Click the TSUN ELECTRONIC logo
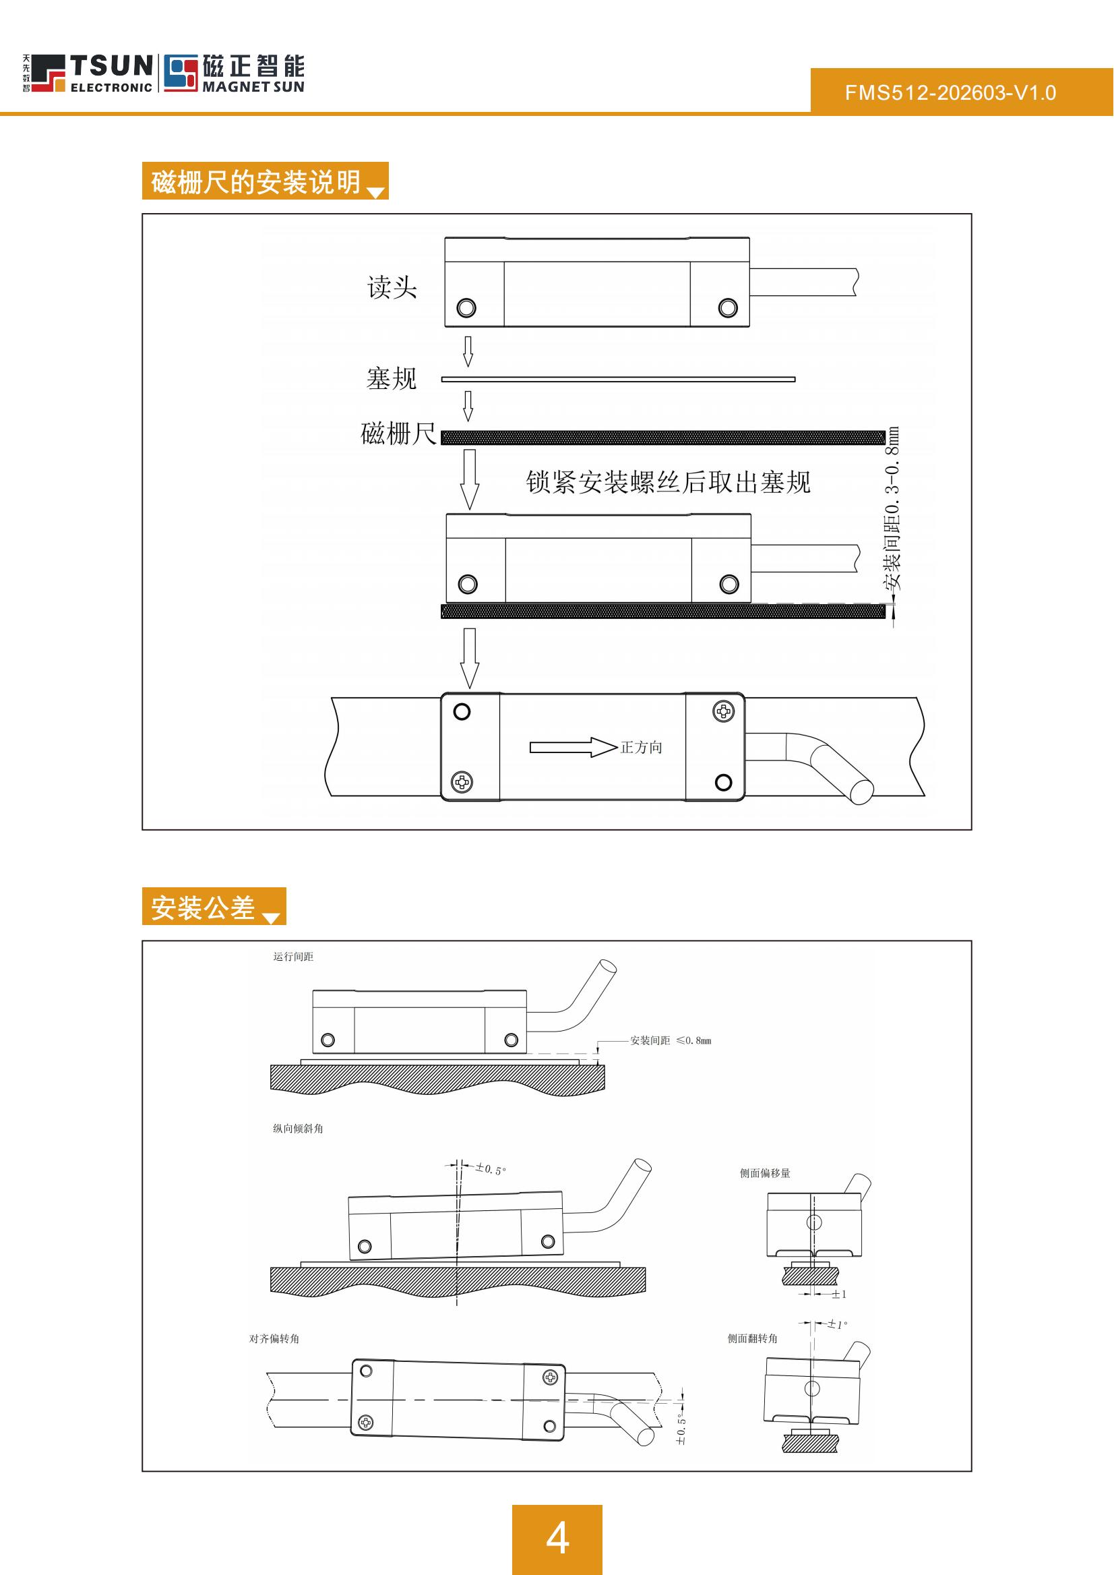click(88, 73)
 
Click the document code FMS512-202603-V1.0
click(950, 92)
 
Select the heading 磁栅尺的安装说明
click(256, 182)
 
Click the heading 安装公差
click(203, 908)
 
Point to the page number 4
click(557, 1538)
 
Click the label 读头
click(392, 287)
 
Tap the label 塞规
click(391, 379)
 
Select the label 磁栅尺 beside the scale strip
click(398, 434)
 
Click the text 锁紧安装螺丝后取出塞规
click(667, 483)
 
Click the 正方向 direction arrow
click(573, 747)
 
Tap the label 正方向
click(642, 747)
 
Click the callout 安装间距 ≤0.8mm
click(670, 1040)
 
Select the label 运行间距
click(293, 957)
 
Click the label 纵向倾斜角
click(298, 1128)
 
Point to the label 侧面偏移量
click(765, 1173)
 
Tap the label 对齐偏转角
click(274, 1338)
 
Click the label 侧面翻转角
click(753, 1338)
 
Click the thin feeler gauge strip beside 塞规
click(617, 379)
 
